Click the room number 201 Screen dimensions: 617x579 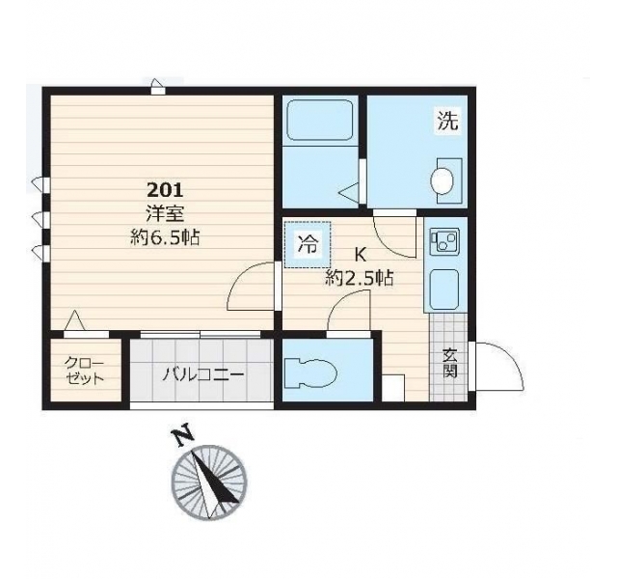(165, 191)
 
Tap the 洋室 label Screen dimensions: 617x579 (165, 214)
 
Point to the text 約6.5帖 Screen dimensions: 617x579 (165, 237)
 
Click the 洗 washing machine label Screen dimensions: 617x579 (448, 121)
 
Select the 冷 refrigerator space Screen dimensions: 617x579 (308, 245)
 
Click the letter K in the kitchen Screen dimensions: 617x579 (361, 255)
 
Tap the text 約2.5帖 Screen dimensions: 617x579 (360, 278)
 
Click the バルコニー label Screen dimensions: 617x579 (203, 374)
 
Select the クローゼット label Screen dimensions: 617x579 (84, 371)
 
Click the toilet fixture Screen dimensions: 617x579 (310, 372)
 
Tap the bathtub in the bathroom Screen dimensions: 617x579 (319, 122)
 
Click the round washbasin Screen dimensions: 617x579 (443, 180)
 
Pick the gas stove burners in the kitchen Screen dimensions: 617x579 (445, 241)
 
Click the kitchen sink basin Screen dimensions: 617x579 (444, 289)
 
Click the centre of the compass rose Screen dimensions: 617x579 (209, 482)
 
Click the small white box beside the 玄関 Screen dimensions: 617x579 (393, 388)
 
